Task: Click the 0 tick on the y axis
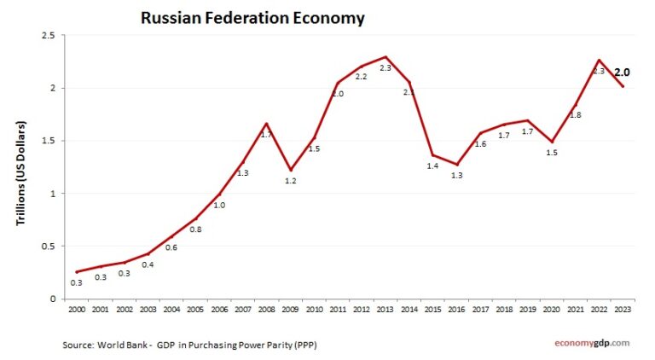pyautogui.click(x=52, y=299)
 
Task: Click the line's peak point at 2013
pyautogui.click(x=386, y=56)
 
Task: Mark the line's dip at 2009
pyautogui.click(x=291, y=170)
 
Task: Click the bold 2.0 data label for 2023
pyautogui.click(x=623, y=73)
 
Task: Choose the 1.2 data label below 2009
pyautogui.click(x=290, y=181)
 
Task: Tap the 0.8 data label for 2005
pyautogui.click(x=195, y=229)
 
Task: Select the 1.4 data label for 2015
pyautogui.click(x=433, y=165)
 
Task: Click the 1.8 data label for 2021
pyautogui.click(x=575, y=114)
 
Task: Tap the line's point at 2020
pyautogui.click(x=553, y=142)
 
